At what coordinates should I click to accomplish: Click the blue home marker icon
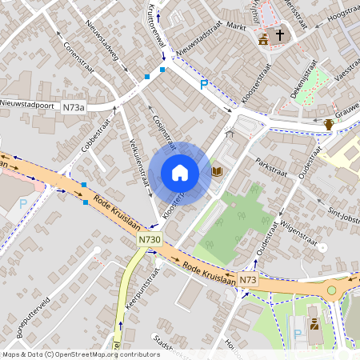pyautogui.click(x=180, y=173)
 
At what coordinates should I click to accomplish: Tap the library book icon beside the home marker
pyautogui.click(x=216, y=172)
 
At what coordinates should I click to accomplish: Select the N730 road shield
pyautogui.click(x=150, y=238)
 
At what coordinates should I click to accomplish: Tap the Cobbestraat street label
pyautogui.click(x=95, y=133)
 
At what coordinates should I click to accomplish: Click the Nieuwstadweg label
pyautogui.click(x=107, y=56)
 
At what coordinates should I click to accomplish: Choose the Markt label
pyautogui.click(x=235, y=26)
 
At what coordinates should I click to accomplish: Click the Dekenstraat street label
pyautogui.click(x=306, y=82)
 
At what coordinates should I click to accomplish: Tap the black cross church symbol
pyautogui.click(x=280, y=35)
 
